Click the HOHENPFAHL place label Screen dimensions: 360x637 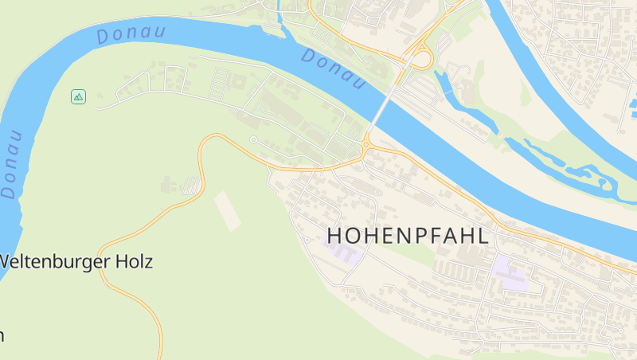tap(408, 236)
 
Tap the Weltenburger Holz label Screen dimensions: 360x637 tap(76, 261)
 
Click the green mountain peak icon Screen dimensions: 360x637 tap(78, 96)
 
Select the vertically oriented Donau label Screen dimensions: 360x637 tap(12, 162)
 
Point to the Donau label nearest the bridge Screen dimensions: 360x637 tap(333, 69)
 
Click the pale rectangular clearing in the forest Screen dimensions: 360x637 tap(228, 210)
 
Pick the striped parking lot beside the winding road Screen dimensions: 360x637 tap(192, 186)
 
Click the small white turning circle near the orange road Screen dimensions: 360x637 tap(253, 140)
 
